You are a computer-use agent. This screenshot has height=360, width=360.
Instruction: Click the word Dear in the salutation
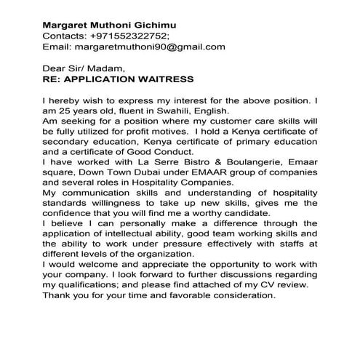coord(56,69)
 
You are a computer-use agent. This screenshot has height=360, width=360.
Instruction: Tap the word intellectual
coord(128,237)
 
